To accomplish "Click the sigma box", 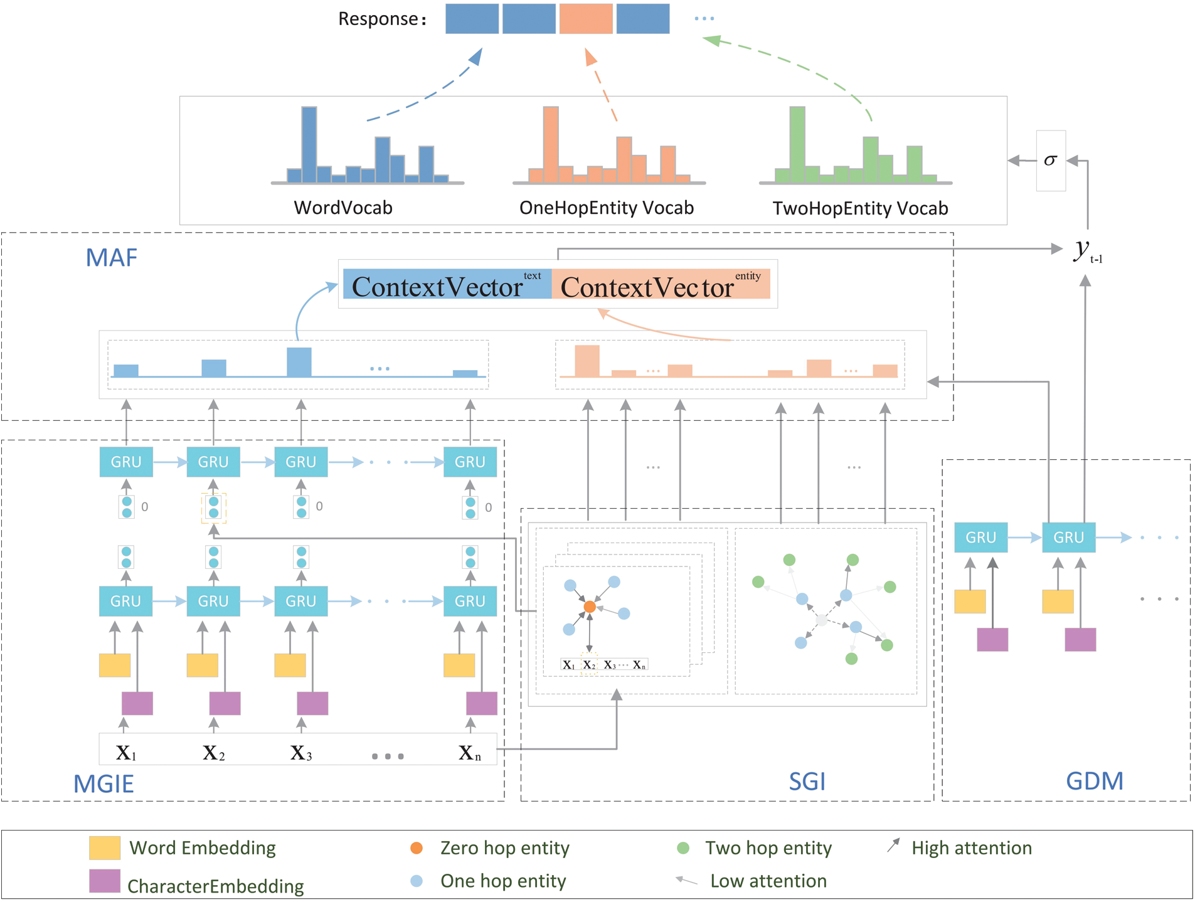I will [1051, 161].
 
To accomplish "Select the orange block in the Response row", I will [585, 19].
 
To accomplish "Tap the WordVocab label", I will [343, 208].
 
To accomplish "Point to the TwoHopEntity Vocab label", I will [860, 208].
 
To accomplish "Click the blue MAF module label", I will [111, 258].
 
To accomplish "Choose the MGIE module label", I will [104, 784].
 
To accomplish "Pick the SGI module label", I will [807, 782].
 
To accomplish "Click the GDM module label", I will [1095, 781].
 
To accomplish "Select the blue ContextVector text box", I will [447, 285].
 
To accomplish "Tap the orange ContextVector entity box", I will [661, 285].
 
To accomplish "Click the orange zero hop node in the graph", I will [590, 607].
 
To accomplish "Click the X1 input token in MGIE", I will [126, 753].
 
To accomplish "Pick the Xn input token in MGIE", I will [469, 753].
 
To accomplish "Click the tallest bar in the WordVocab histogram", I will [309, 144].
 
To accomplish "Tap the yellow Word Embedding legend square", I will [104, 847].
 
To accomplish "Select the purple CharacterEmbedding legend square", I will [104, 881].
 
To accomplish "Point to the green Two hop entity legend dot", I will [683, 848].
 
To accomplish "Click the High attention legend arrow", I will [894, 846].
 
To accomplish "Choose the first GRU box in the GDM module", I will [980, 538].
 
